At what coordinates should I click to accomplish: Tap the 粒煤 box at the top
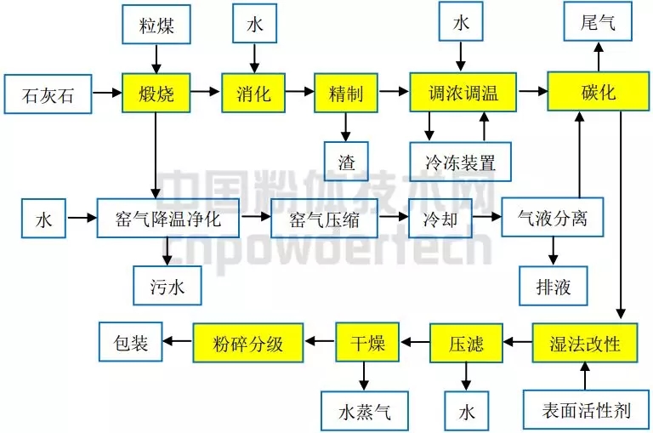tap(156, 25)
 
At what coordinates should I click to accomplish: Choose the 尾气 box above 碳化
tap(598, 22)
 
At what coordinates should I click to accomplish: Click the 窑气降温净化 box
tap(168, 219)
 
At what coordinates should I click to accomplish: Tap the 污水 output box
tap(168, 286)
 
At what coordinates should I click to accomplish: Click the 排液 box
tap(554, 286)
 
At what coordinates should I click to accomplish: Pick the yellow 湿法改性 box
tap(585, 344)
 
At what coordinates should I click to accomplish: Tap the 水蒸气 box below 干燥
tap(365, 412)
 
